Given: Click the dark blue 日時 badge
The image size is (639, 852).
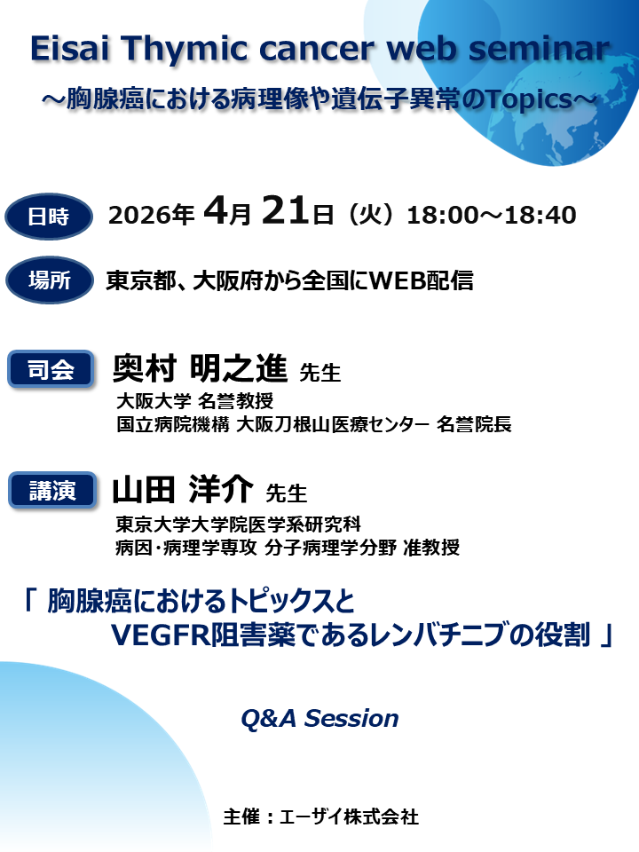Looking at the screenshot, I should tap(49, 216).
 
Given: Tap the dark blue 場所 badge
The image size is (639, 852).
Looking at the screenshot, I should tap(49, 281).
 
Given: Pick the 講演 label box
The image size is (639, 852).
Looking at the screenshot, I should tap(51, 490).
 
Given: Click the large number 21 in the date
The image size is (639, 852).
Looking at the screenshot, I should tap(287, 214).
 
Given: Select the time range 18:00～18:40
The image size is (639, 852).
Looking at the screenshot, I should tap(491, 216).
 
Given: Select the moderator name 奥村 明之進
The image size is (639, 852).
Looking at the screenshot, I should tap(200, 367).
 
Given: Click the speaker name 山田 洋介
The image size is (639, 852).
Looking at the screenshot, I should tap(183, 488).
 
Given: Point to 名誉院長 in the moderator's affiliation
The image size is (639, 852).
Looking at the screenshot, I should tap(475, 425).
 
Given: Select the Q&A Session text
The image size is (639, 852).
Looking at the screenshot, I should tap(319, 718).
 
